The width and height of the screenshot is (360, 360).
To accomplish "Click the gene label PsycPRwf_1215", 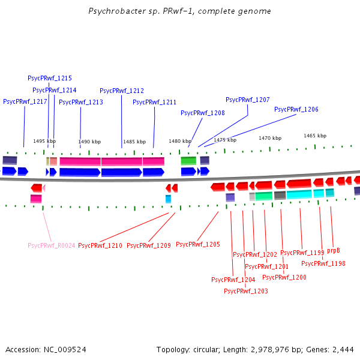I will [x=50, y=78].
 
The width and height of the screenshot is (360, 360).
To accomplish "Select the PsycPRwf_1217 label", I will [x=25, y=102].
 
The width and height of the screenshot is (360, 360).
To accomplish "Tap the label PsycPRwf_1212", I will [x=122, y=91].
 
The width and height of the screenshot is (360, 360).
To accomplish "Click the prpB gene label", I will [x=334, y=251].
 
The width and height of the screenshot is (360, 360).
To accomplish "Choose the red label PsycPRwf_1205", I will [x=198, y=244].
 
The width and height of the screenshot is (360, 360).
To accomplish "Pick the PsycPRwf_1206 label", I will [x=296, y=109].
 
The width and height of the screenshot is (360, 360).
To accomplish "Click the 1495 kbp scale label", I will [x=44, y=141].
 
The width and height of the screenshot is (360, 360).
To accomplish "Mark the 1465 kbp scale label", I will [x=315, y=136].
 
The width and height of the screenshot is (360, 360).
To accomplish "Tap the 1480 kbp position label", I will [x=179, y=141].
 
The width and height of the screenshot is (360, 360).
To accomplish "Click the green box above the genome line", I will [x=188, y=161].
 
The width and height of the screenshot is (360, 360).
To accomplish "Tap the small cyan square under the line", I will [x=169, y=199].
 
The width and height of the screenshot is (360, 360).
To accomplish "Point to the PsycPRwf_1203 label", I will [x=246, y=291].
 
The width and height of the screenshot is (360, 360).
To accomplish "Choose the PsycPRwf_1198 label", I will [x=323, y=263].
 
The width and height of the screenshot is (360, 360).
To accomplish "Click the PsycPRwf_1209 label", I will [x=149, y=245].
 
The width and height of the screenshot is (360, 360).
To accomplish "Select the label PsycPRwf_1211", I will [x=154, y=102].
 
